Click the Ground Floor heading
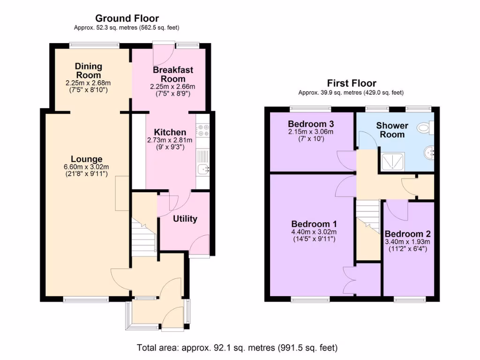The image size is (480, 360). pos(127,18)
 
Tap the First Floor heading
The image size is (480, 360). pos(352,83)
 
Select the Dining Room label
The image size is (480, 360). pos(88,71)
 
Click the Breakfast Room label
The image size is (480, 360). pos(172,74)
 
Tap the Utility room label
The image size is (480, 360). pos(185,218)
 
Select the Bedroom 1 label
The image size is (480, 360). pos(314,224)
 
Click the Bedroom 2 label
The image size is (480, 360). pos(407,234)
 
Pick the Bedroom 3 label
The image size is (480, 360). pos(311,124)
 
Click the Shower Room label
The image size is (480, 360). pos(392,130)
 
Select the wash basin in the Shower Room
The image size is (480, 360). pos(429,152)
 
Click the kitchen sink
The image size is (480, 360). pos(203,169)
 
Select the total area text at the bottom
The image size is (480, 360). pos(237,348)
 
